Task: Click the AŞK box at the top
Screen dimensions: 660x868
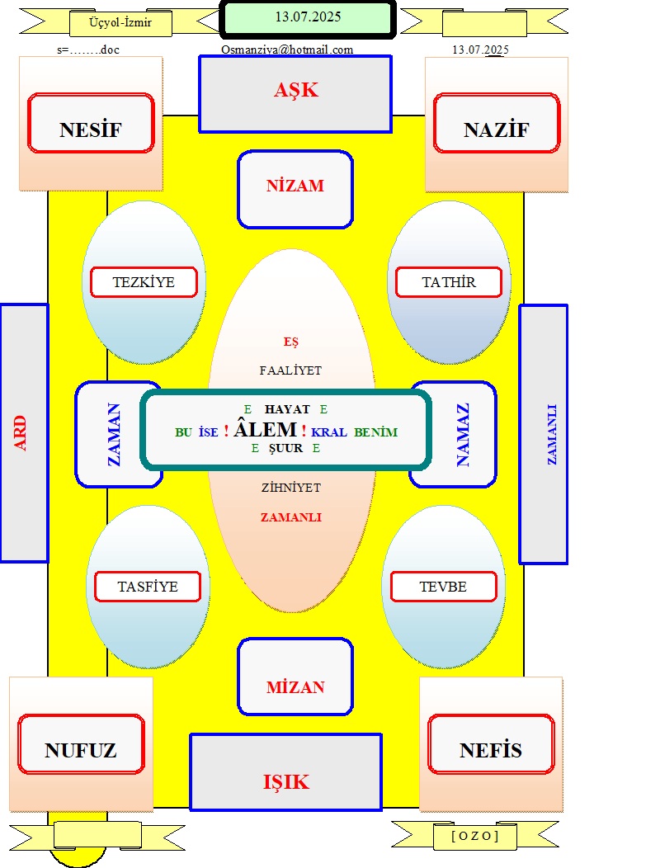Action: [x=295, y=94]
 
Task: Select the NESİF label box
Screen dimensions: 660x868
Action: [x=91, y=123]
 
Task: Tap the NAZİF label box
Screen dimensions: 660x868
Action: [x=497, y=123]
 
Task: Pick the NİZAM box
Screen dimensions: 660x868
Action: [x=295, y=189]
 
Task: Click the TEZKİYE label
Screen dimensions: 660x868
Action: [x=144, y=282]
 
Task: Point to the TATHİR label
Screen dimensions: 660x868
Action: [x=449, y=282]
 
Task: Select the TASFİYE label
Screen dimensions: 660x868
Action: [x=148, y=587]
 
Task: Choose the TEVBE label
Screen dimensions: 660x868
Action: [x=444, y=587]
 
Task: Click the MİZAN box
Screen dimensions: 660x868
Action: [x=295, y=677]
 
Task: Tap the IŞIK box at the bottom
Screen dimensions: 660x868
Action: [x=285, y=772]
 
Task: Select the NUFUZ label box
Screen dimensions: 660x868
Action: [x=81, y=744]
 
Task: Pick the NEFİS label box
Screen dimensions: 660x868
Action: [x=491, y=744]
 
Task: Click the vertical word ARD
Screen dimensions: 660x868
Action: [x=21, y=433]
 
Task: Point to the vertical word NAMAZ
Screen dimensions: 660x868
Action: [x=463, y=435]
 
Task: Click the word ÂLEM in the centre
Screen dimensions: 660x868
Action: [x=265, y=429]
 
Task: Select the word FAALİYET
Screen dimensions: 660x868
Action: [x=290, y=370]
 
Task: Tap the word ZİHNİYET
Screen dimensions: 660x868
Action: [x=290, y=488]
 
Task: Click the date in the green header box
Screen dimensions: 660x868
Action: [x=308, y=17]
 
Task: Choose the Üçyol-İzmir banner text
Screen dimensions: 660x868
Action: [x=120, y=23]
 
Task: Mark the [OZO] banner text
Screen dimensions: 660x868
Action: [x=475, y=835]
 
